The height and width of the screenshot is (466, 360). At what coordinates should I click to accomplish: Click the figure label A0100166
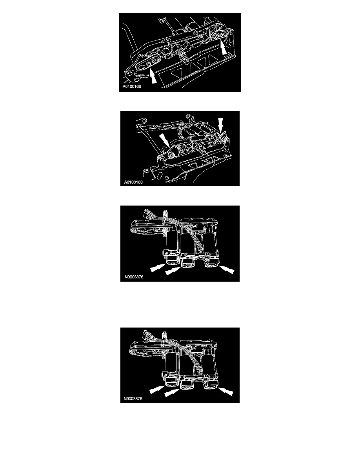coord(132,86)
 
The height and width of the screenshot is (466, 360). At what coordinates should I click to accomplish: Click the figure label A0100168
coord(133,182)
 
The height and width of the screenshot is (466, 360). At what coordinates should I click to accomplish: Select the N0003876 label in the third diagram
coord(134,277)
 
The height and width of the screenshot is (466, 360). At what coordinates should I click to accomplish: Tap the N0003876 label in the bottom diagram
coord(133,399)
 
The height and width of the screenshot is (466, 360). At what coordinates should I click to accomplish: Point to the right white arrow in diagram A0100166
coord(224,49)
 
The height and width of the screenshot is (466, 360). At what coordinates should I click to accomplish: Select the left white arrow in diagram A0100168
coord(164,140)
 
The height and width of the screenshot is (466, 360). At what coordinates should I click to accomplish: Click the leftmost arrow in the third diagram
coord(158,268)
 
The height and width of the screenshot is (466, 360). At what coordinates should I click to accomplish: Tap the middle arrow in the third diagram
coord(173,271)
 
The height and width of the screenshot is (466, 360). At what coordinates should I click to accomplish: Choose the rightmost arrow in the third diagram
coord(227,270)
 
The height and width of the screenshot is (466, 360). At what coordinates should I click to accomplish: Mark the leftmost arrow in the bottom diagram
coord(157,390)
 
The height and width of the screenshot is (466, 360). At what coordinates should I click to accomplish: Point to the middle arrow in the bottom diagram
coord(172,393)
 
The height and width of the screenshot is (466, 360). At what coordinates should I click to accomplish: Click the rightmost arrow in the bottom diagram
coord(225,392)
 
